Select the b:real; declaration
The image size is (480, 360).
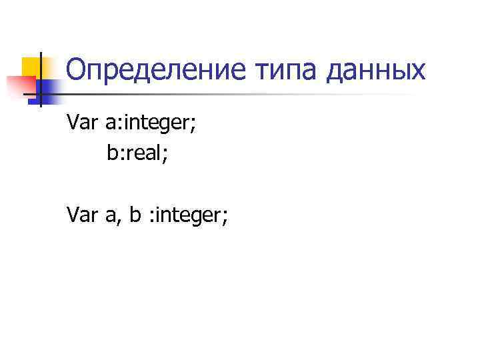pyautogui.click(x=137, y=153)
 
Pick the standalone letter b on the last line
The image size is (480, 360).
pyautogui.click(x=135, y=215)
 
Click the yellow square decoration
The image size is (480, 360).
pyautogui.click(x=33, y=67)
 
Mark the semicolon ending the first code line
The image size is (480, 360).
pyautogui.click(x=193, y=124)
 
